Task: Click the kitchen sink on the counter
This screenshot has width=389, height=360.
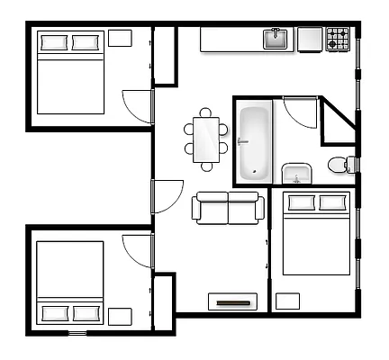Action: pos(276,39)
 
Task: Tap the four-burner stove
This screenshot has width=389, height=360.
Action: pos(338,39)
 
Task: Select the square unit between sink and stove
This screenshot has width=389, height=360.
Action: pos(310,39)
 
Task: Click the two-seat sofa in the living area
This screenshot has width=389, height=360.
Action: pos(229,208)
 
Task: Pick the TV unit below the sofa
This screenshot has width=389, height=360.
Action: pos(235,302)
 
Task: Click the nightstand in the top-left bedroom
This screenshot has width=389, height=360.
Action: pos(120,38)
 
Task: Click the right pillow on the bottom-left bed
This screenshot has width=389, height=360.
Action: pos(86,313)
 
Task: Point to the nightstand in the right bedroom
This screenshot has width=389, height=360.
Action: pos(287,301)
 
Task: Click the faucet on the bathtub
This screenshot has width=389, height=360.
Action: pos(242,142)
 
